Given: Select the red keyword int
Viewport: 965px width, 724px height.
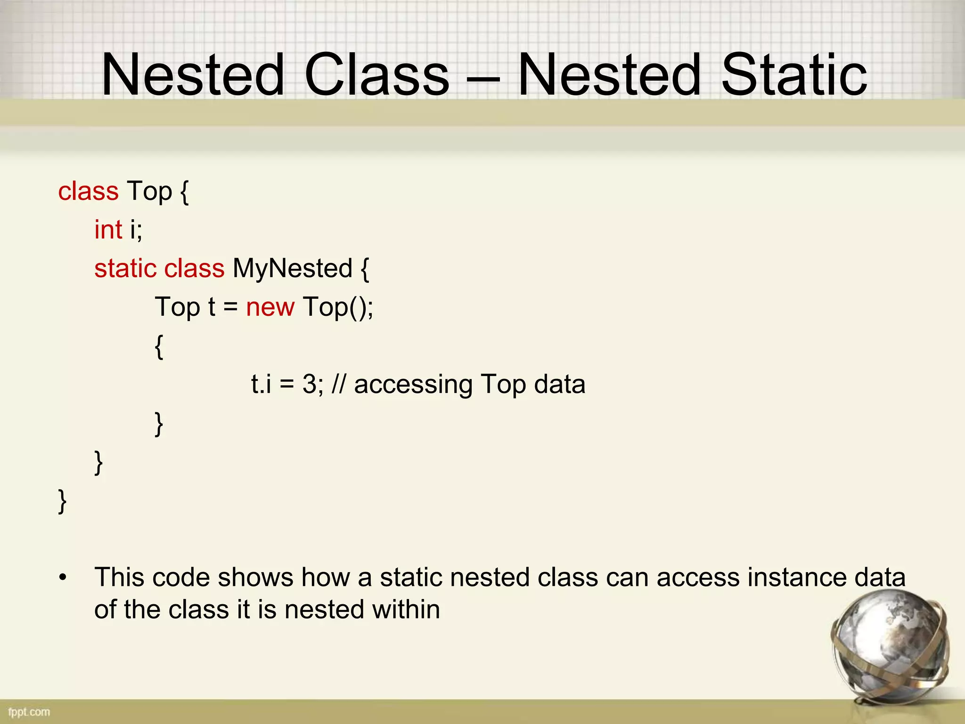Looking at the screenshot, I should (108, 230).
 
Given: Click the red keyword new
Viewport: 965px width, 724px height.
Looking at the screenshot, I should (270, 307).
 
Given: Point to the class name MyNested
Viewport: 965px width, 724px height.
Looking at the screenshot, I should (292, 269).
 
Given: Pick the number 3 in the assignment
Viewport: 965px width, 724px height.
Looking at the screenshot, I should (310, 385).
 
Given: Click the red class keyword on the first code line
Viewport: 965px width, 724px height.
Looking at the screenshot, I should (88, 191).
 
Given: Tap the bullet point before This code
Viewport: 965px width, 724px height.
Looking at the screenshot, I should (63, 578).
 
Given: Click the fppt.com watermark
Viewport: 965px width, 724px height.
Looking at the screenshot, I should (29, 712).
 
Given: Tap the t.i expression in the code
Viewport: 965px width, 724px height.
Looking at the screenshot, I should (261, 385).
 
